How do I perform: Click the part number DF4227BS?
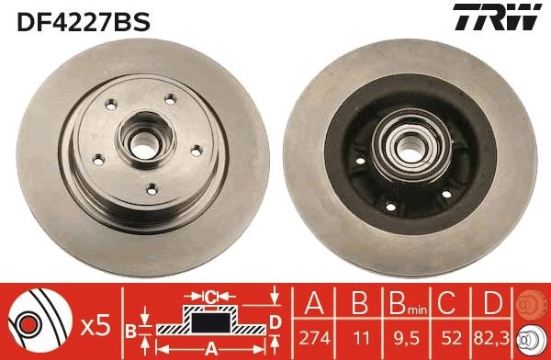click(84, 21)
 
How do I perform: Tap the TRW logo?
click(497, 17)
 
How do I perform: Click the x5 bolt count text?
click(96, 326)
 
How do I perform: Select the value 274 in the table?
click(314, 338)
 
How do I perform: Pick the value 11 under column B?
click(361, 338)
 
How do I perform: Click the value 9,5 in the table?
click(407, 338)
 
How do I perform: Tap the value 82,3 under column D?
click(491, 338)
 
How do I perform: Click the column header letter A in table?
click(314, 303)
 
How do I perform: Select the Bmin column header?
click(408, 303)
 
